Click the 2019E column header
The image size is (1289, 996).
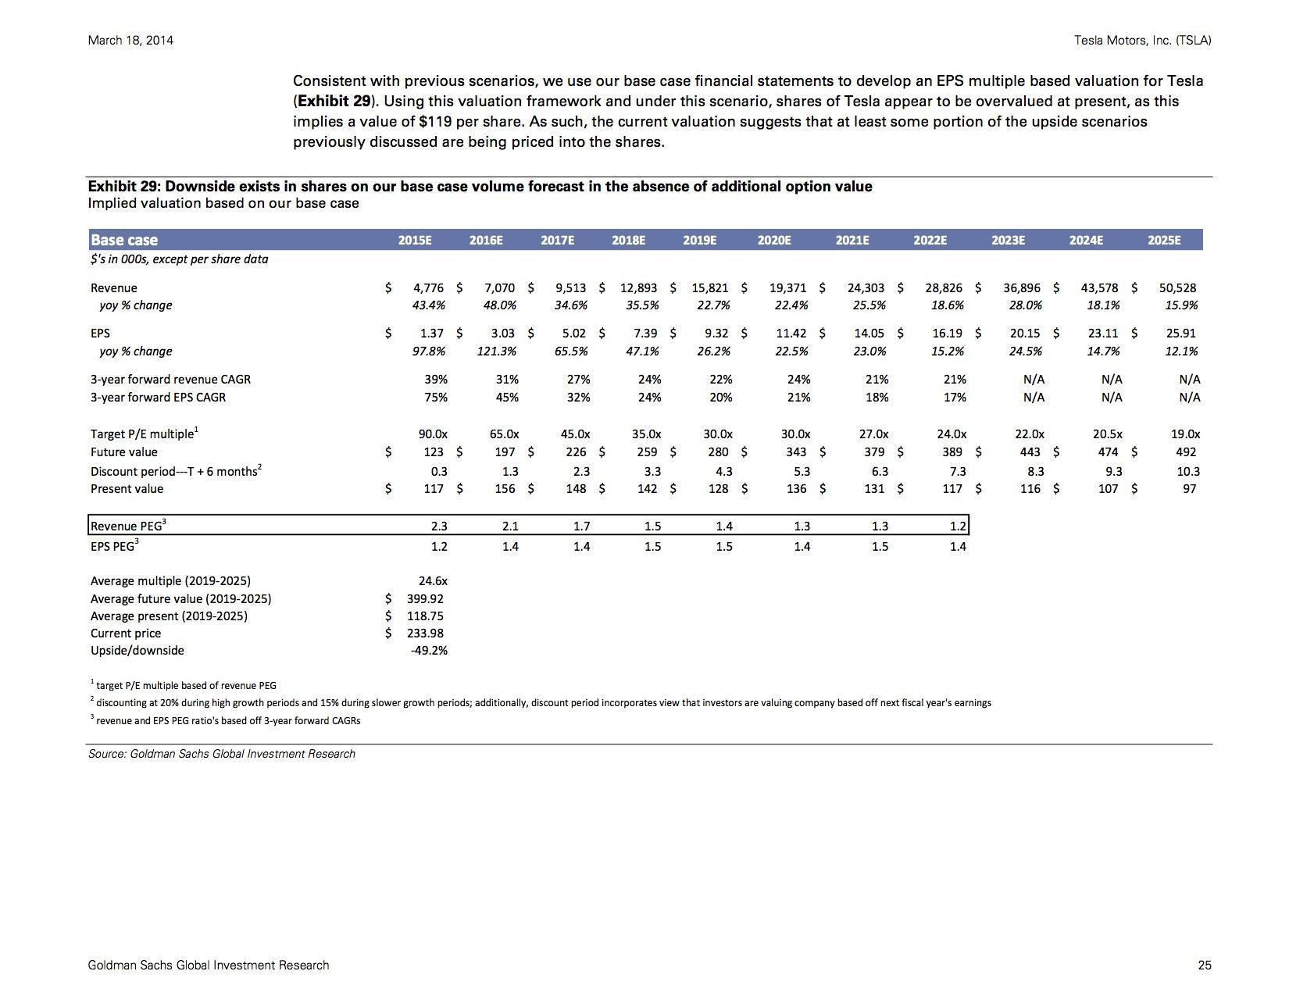pyautogui.click(x=699, y=241)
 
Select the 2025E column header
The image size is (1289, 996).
pyautogui.click(x=1164, y=241)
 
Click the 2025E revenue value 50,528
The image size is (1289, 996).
pyautogui.click(x=1177, y=287)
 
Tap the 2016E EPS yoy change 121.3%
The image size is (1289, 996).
pyautogui.click(x=497, y=351)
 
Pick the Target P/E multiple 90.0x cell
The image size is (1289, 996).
pyautogui.click(x=433, y=434)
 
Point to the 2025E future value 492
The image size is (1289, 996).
pyautogui.click(x=1186, y=452)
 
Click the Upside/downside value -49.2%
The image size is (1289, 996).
pyautogui.click(x=429, y=650)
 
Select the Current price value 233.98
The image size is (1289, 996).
pyautogui.click(x=425, y=633)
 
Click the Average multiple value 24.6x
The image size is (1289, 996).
pyautogui.click(x=433, y=580)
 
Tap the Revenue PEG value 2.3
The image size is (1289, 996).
pyautogui.click(x=439, y=526)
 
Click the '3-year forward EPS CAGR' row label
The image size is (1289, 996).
pyautogui.click(x=158, y=397)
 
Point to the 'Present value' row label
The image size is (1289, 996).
pyautogui.click(x=127, y=489)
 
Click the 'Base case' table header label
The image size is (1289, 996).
pyautogui.click(x=124, y=241)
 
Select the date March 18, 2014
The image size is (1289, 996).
pyautogui.click(x=130, y=41)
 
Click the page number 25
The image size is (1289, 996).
pyautogui.click(x=1204, y=966)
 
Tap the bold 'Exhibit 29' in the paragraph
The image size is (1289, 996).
pyautogui.click(x=334, y=102)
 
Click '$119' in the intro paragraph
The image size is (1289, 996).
pyautogui.click(x=435, y=122)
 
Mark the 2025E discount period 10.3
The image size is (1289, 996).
pyautogui.click(x=1188, y=472)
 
